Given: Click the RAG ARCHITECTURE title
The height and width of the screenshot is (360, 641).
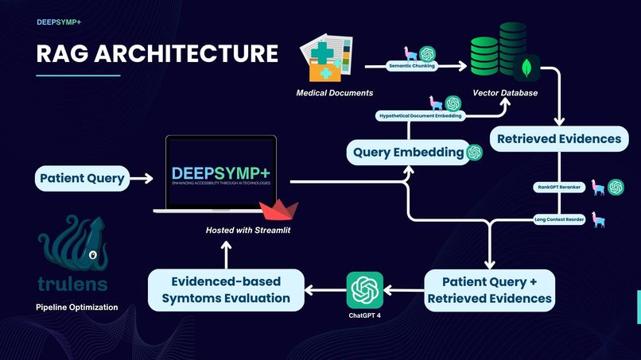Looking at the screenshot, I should [157, 53].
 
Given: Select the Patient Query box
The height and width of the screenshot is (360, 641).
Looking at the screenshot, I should [82, 178].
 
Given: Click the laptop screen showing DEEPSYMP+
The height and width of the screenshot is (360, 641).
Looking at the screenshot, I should [220, 175].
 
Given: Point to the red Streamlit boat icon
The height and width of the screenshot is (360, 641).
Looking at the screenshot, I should [278, 211].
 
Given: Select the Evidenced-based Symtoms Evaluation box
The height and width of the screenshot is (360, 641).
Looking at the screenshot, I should [226, 289].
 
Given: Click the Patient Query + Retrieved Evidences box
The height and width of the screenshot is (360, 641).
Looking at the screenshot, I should [489, 289].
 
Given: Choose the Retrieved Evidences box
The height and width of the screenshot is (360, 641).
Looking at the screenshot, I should [558, 138].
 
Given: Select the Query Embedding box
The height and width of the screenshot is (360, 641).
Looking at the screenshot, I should [408, 151].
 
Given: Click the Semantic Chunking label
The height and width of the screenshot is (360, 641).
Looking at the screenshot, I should [411, 66].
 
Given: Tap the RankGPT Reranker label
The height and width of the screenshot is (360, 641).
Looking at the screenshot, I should [559, 188].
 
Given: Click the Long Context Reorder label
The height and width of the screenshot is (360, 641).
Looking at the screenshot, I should [559, 220].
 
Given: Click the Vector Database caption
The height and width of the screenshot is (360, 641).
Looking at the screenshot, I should [505, 93].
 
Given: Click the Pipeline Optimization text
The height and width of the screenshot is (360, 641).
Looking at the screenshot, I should [76, 307].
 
